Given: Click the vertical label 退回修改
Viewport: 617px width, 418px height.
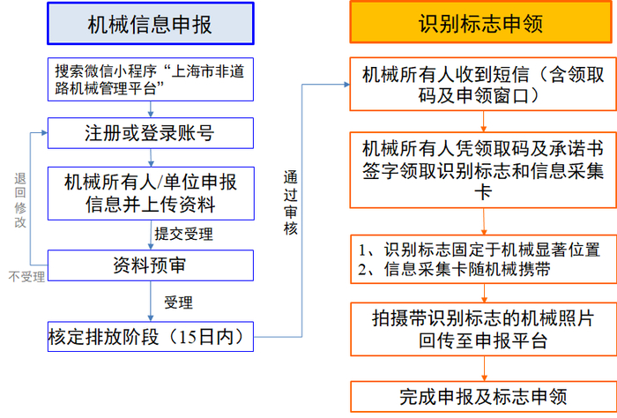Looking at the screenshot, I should pos(19,198).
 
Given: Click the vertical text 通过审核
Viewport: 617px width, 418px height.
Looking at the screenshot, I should pos(291,203).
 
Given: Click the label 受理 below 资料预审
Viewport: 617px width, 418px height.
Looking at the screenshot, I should pos(179,302).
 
